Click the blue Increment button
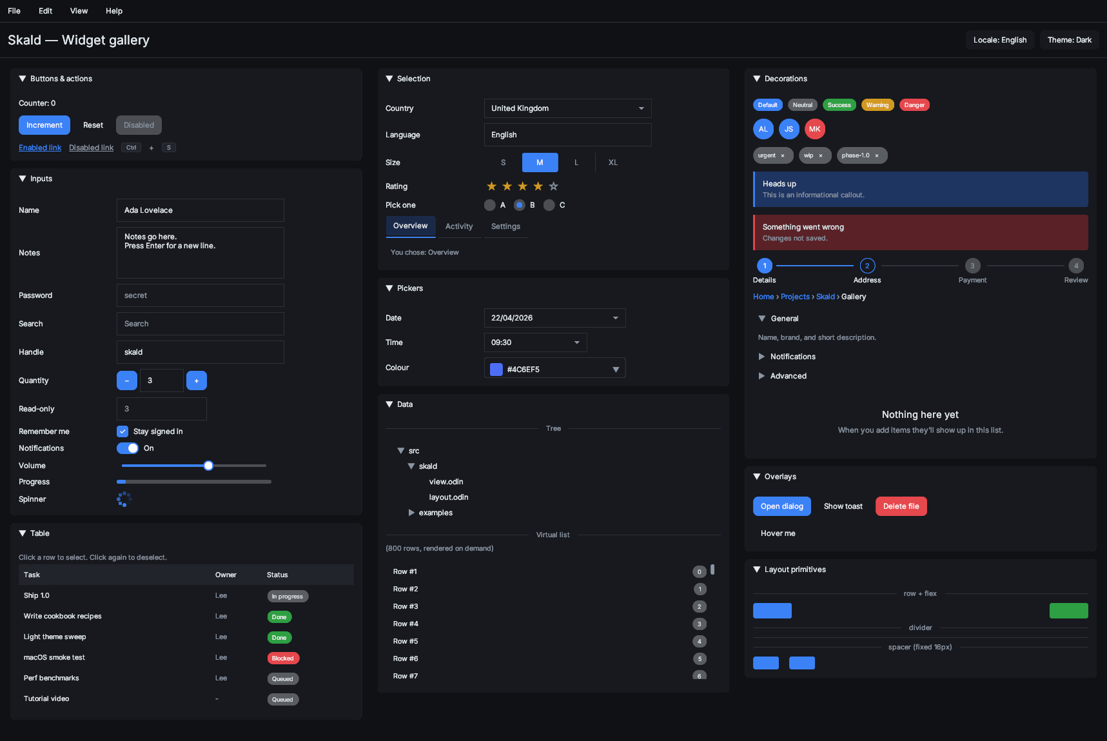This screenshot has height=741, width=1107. pyautogui.click(x=44, y=125)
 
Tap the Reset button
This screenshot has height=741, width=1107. pyautogui.click(x=93, y=125)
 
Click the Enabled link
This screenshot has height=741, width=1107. pyautogui.click(x=40, y=148)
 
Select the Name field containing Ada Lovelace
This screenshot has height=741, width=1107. pyautogui.click(x=201, y=210)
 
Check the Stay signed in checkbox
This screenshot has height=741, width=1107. pyautogui.click(x=122, y=431)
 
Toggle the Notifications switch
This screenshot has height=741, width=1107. pyautogui.click(x=128, y=448)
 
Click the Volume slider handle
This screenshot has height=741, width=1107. pyautogui.click(x=208, y=466)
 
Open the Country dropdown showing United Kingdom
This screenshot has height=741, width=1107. pyautogui.click(x=568, y=108)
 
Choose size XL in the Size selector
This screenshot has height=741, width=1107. pyautogui.click(x=613, y=163)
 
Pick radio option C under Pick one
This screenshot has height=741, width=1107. pyautogui.click(x=549, y=205)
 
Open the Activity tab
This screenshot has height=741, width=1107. pyautogui.click(x=459, y=226)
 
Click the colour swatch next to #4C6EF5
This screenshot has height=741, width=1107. pyautogui.click(x=496, y=370)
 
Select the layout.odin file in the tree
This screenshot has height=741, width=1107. pyautogui.click(x=449, y=497)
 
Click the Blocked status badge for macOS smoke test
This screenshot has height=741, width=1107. pyautogui.click(x=283, y=658)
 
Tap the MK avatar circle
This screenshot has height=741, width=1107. pyautogui.click(x=815, y=129)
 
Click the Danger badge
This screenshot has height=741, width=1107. pyautogui.click(x=914, y=105)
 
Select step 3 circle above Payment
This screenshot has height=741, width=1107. pyautogui.click(x=972, y=266)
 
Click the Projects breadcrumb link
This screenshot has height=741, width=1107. pyautogui.click(x=795, y=297)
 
